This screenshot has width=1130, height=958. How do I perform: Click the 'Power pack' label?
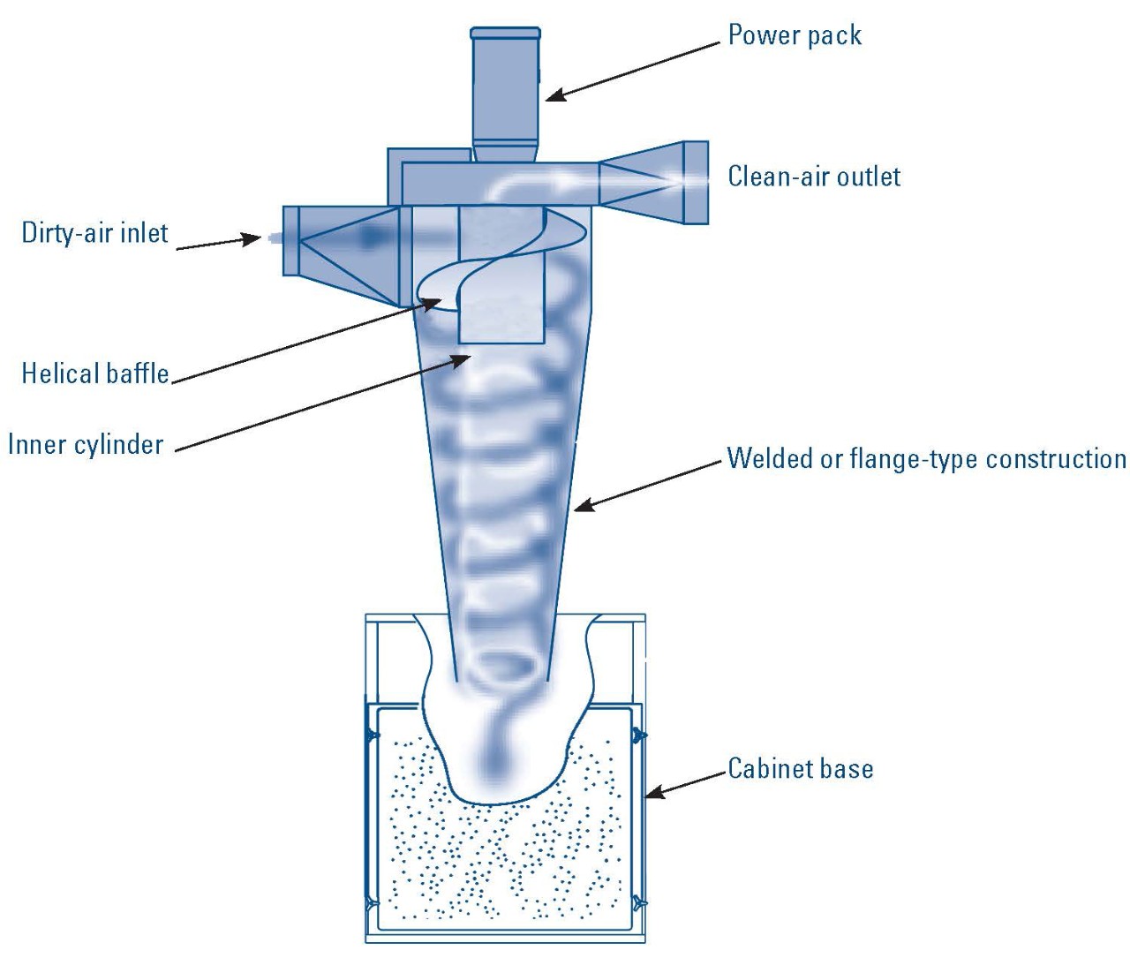click(x=794, y=35)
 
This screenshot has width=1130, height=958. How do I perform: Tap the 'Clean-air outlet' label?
click(x=813, y=177)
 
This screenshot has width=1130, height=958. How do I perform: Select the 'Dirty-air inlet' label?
click(x=94, y=233)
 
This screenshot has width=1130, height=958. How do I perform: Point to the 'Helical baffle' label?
click(x=95, y=373)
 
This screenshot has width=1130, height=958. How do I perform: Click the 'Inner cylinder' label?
click(x=86, y=444)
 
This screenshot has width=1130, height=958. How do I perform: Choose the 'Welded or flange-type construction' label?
click(x=926, y=459)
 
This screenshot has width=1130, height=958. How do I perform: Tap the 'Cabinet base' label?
click(x=800, y=768)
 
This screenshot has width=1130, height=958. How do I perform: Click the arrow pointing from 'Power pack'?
click(x=632, y=71)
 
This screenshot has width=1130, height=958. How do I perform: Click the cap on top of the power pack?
click(x=505, y=34)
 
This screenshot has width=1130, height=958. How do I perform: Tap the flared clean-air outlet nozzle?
click(x=653, y=182)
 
